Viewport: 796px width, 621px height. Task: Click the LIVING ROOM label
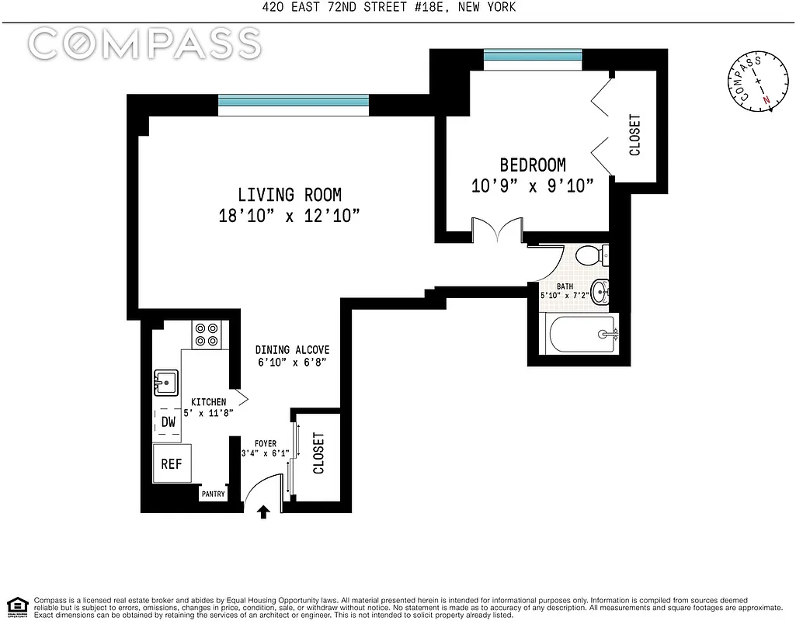click(x=289, y=195)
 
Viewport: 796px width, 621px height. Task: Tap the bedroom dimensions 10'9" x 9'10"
click(x=532, y=186)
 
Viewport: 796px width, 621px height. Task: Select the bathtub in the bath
click(x=581, y=334)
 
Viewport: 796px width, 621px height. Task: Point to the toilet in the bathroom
click(x=594, y=255)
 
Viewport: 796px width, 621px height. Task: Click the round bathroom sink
click(x=600, y=292)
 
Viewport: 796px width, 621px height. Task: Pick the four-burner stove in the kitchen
click(x=207, y=335)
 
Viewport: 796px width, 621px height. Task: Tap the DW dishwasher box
click(x=169, y=422)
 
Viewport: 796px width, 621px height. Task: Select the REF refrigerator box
click(x=172, y=463)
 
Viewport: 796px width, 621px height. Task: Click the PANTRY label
click(x=213, y=494)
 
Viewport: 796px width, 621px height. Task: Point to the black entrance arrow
click(x=264, y=512)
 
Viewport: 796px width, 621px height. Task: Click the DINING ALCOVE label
click(x=293, y=350)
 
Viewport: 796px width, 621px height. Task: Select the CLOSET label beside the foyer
click(x=318, y=453)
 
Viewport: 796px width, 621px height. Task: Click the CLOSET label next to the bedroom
click(x=635, y=136)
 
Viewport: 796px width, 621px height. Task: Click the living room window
click(x=293, y=101)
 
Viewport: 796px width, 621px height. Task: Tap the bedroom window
click(x=532, y=56)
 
